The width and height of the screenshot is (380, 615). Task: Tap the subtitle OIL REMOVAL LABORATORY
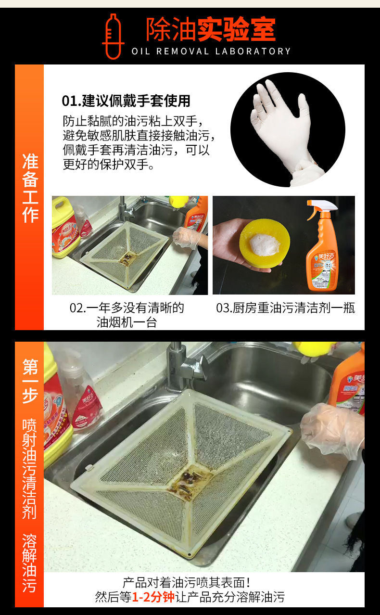tap(211, 51)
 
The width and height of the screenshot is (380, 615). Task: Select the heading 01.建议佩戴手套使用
tap(126, 101)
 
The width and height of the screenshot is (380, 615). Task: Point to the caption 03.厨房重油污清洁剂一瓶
tap(285, 308)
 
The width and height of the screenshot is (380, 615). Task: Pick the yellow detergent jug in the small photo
tap(64, 226)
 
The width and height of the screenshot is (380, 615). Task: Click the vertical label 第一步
tap(30, 380)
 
